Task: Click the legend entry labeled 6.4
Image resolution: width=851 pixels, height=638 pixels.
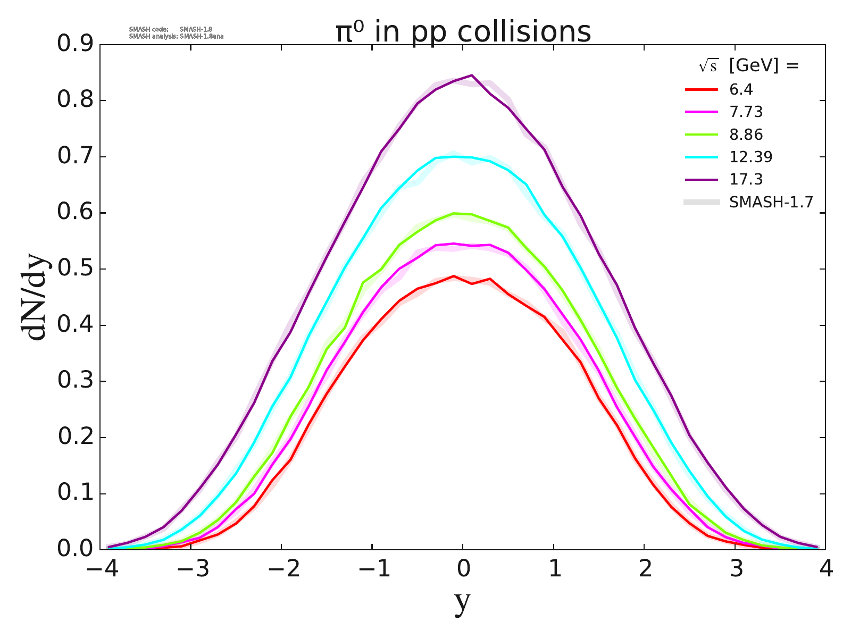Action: [741, 89]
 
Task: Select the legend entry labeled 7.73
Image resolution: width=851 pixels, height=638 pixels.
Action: [746, 112]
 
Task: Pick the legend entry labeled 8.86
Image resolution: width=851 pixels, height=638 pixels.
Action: [746, 135]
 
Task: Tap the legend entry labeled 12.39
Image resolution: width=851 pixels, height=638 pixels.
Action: [750, 157]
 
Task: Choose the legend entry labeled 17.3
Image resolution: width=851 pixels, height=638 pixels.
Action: [746, 179]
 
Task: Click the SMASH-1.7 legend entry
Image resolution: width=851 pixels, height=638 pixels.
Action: [771, 202]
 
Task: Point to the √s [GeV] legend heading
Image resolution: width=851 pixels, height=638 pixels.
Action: [748, 66]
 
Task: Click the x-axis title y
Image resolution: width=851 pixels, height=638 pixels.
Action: [463, 602]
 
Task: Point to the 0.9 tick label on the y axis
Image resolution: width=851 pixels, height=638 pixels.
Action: [74, 45]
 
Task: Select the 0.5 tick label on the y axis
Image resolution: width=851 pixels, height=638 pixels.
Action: [74, 269]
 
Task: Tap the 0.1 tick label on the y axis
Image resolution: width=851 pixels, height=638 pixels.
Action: [74, 494]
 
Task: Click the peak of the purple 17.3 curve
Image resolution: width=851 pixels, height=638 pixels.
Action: [472, 75]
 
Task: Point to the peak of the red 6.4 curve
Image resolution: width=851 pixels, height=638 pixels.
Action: [454, 276]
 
